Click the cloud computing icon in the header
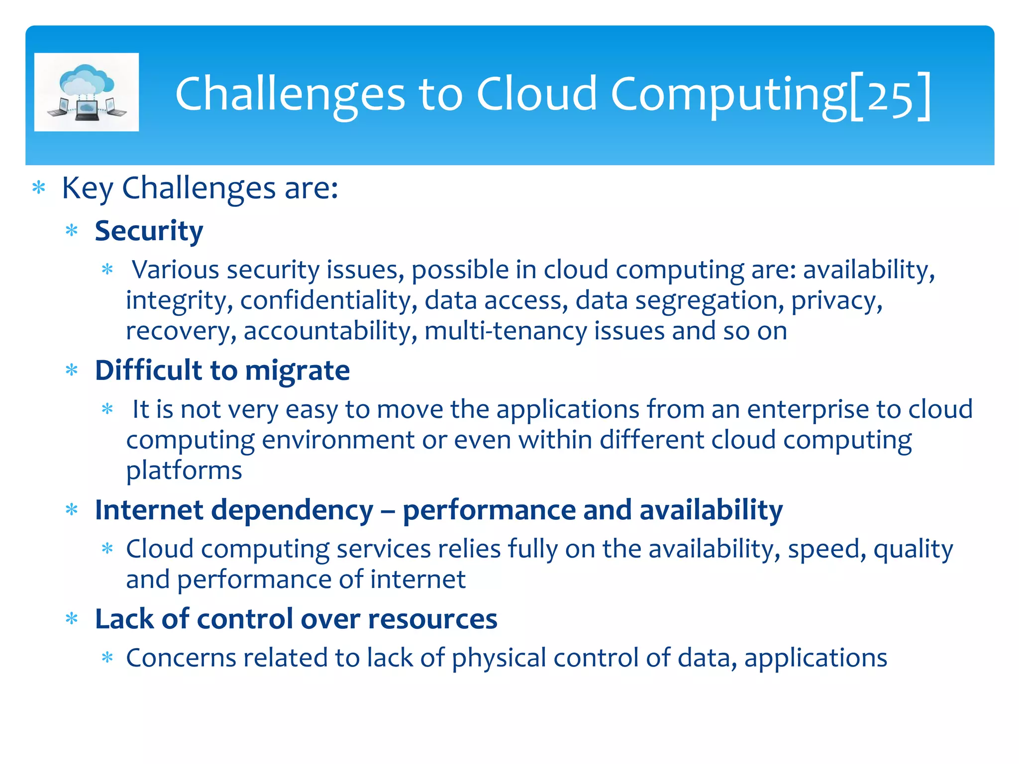[x=87, y=92]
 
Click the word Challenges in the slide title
[x=290, y=95]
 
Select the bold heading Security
[x=149, y=231]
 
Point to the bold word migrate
[x=297, y=371]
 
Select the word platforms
[x=184, y=471]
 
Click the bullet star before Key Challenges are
[x=39, y=189]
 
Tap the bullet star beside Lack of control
[x=72, y=619]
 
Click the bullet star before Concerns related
[x=107, y=659]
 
